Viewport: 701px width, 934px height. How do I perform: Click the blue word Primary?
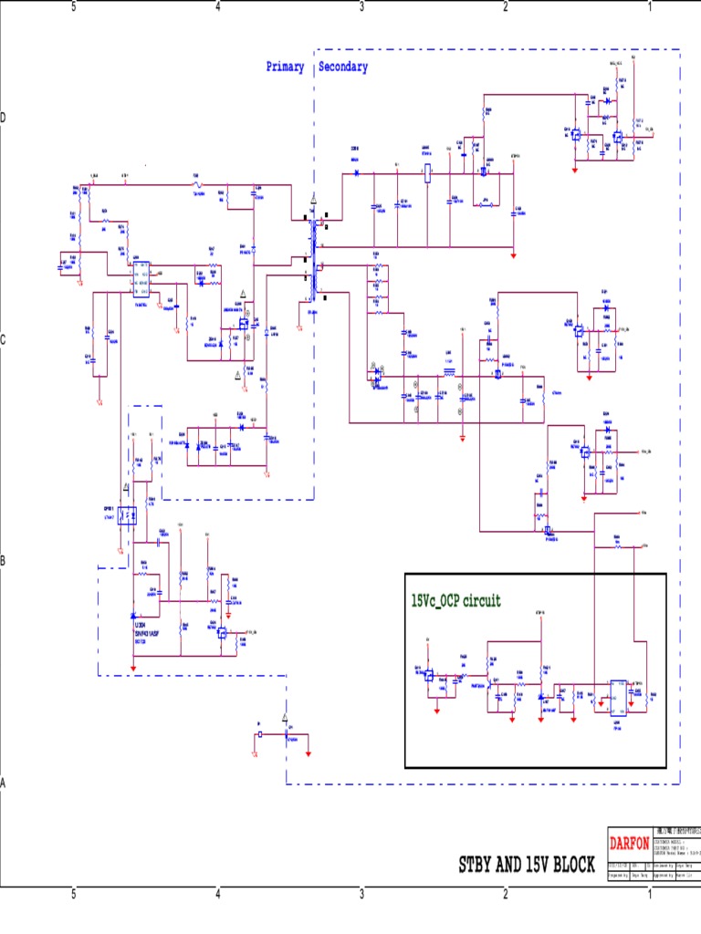point(285,67)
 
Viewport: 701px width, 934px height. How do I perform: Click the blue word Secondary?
point(343,67)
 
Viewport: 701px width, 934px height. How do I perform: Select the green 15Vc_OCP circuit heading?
point(455,601)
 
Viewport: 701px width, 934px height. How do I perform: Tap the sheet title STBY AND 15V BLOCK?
point(527,865)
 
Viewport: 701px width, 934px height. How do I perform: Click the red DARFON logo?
point(629,843)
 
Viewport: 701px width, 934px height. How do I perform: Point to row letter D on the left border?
point(4,119)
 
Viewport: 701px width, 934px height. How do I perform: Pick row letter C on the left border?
point(4,340)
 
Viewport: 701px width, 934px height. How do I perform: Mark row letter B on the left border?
point(4,561)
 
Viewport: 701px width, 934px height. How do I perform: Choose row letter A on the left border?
point(4,783)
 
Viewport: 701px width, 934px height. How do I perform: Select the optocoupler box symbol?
point(129,515)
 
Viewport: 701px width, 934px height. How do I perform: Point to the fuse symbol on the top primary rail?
point(196,185)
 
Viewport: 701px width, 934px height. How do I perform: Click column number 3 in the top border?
point(362,7)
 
